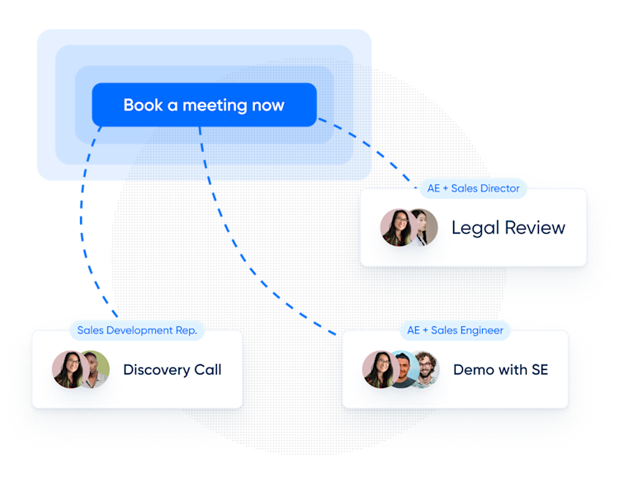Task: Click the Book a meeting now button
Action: click(204, 106)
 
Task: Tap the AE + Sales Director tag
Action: click(473, 188)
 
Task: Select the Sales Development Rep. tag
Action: click(137, 330)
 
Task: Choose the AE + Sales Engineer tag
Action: click(455, 330)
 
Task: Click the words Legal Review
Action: click(508, 228)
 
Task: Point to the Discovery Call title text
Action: click(172, 370)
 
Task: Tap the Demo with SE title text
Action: click(500, 370)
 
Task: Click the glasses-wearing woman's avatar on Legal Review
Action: click(396, 227)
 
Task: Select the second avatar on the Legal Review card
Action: click(423, 227)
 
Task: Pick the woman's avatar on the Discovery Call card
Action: click(68, 369)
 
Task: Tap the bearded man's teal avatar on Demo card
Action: click(402, 369)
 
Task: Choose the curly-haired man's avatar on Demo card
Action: click(424, 369)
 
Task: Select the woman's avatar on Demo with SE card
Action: click(378, 369)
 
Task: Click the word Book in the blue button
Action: click(141, 106)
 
